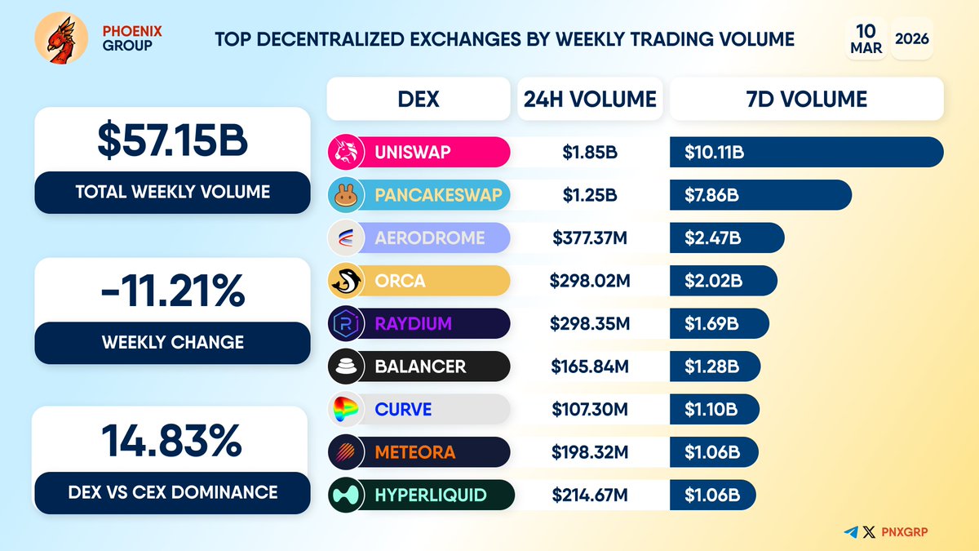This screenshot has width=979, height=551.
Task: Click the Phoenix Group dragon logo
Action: click(x=61, y=38)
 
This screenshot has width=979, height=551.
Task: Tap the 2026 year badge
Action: click(x=912, y=38)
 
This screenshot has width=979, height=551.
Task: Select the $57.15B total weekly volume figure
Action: click(x=172, y=140)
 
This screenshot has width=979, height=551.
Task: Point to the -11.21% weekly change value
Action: click(x=172, y=290)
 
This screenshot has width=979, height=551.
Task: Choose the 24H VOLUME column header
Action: click(x=589, y=100)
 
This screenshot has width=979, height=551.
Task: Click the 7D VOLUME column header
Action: click(x=806, y=100)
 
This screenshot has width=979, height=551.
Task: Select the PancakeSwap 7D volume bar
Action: click(x=760, y=195)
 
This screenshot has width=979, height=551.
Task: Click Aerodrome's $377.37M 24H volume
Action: click(x=590, y=238)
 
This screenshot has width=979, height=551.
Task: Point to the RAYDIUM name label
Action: click(x=413, y=324)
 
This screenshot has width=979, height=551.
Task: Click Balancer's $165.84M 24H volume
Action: click(x=590, y=367)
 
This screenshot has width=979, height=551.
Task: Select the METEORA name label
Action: click(x=414, y=452)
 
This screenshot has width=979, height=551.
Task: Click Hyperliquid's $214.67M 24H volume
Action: click(x=590, y=495)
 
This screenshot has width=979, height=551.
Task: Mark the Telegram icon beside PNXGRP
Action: click(x=852, y=532)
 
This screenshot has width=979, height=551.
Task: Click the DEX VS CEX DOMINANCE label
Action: click(x=172, y=491)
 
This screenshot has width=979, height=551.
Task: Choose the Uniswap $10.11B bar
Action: click(x=806, y=152)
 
